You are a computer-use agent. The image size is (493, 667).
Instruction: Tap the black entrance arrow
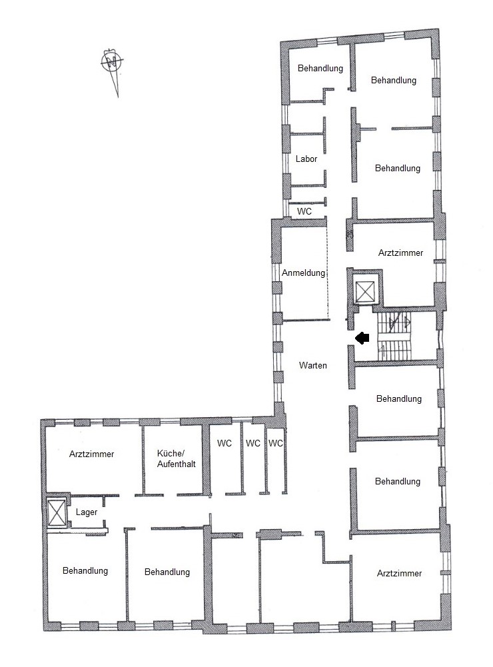point(362,338)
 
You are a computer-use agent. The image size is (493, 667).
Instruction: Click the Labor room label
point(306,159)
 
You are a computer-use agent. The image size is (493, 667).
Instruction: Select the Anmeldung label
point(303,273)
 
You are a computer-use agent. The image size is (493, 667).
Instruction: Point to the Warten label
point(313,365)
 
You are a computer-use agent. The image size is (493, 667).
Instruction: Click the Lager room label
point(87,512)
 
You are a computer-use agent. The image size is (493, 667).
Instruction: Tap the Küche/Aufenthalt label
point(176,458)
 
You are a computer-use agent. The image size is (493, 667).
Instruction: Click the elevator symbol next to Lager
point(57,512)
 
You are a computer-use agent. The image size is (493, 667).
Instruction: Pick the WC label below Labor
point(304,211)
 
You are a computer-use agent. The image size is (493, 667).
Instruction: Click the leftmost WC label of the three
point(224,443)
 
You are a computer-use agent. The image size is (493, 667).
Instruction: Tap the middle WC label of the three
point(253,443)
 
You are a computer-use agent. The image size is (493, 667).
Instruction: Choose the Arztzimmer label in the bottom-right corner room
point(399,574)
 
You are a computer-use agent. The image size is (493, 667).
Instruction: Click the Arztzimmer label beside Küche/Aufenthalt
point(91,454)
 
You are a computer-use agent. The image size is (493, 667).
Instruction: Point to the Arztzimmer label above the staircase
point(400,253)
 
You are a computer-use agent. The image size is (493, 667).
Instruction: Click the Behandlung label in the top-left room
point(320,68)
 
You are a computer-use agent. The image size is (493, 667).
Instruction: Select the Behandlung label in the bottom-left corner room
point(85,570)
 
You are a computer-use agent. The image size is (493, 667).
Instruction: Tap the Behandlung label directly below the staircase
point(399,398)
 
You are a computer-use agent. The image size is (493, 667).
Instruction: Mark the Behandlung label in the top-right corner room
point(394,80)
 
